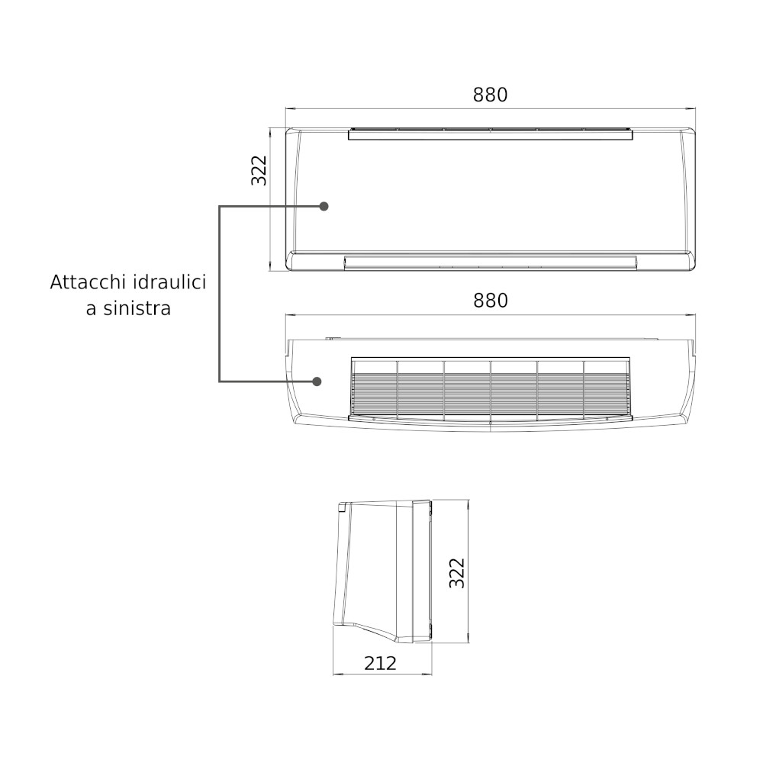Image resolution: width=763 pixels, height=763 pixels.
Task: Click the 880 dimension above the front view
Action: click(490, 95)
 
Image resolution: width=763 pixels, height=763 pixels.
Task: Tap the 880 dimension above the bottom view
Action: click(491, 301)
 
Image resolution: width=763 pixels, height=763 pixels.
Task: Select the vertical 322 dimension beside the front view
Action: click(259, 170)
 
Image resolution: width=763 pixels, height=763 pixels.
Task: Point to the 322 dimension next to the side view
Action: click(457, 573)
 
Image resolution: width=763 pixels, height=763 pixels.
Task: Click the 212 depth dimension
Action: click(381, 663)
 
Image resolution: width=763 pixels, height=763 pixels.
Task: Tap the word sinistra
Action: click(137, 308)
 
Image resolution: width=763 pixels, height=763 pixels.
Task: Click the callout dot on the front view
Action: click(324, 206)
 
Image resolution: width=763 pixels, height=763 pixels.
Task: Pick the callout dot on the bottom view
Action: click(317, 381)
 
